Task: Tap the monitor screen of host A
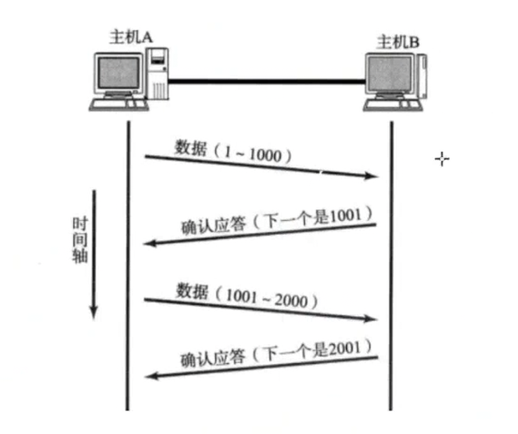pos(119,73)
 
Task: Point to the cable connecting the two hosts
pos(266,81)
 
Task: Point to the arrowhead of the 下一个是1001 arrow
pos(149,244)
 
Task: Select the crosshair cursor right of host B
pos(442,160)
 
